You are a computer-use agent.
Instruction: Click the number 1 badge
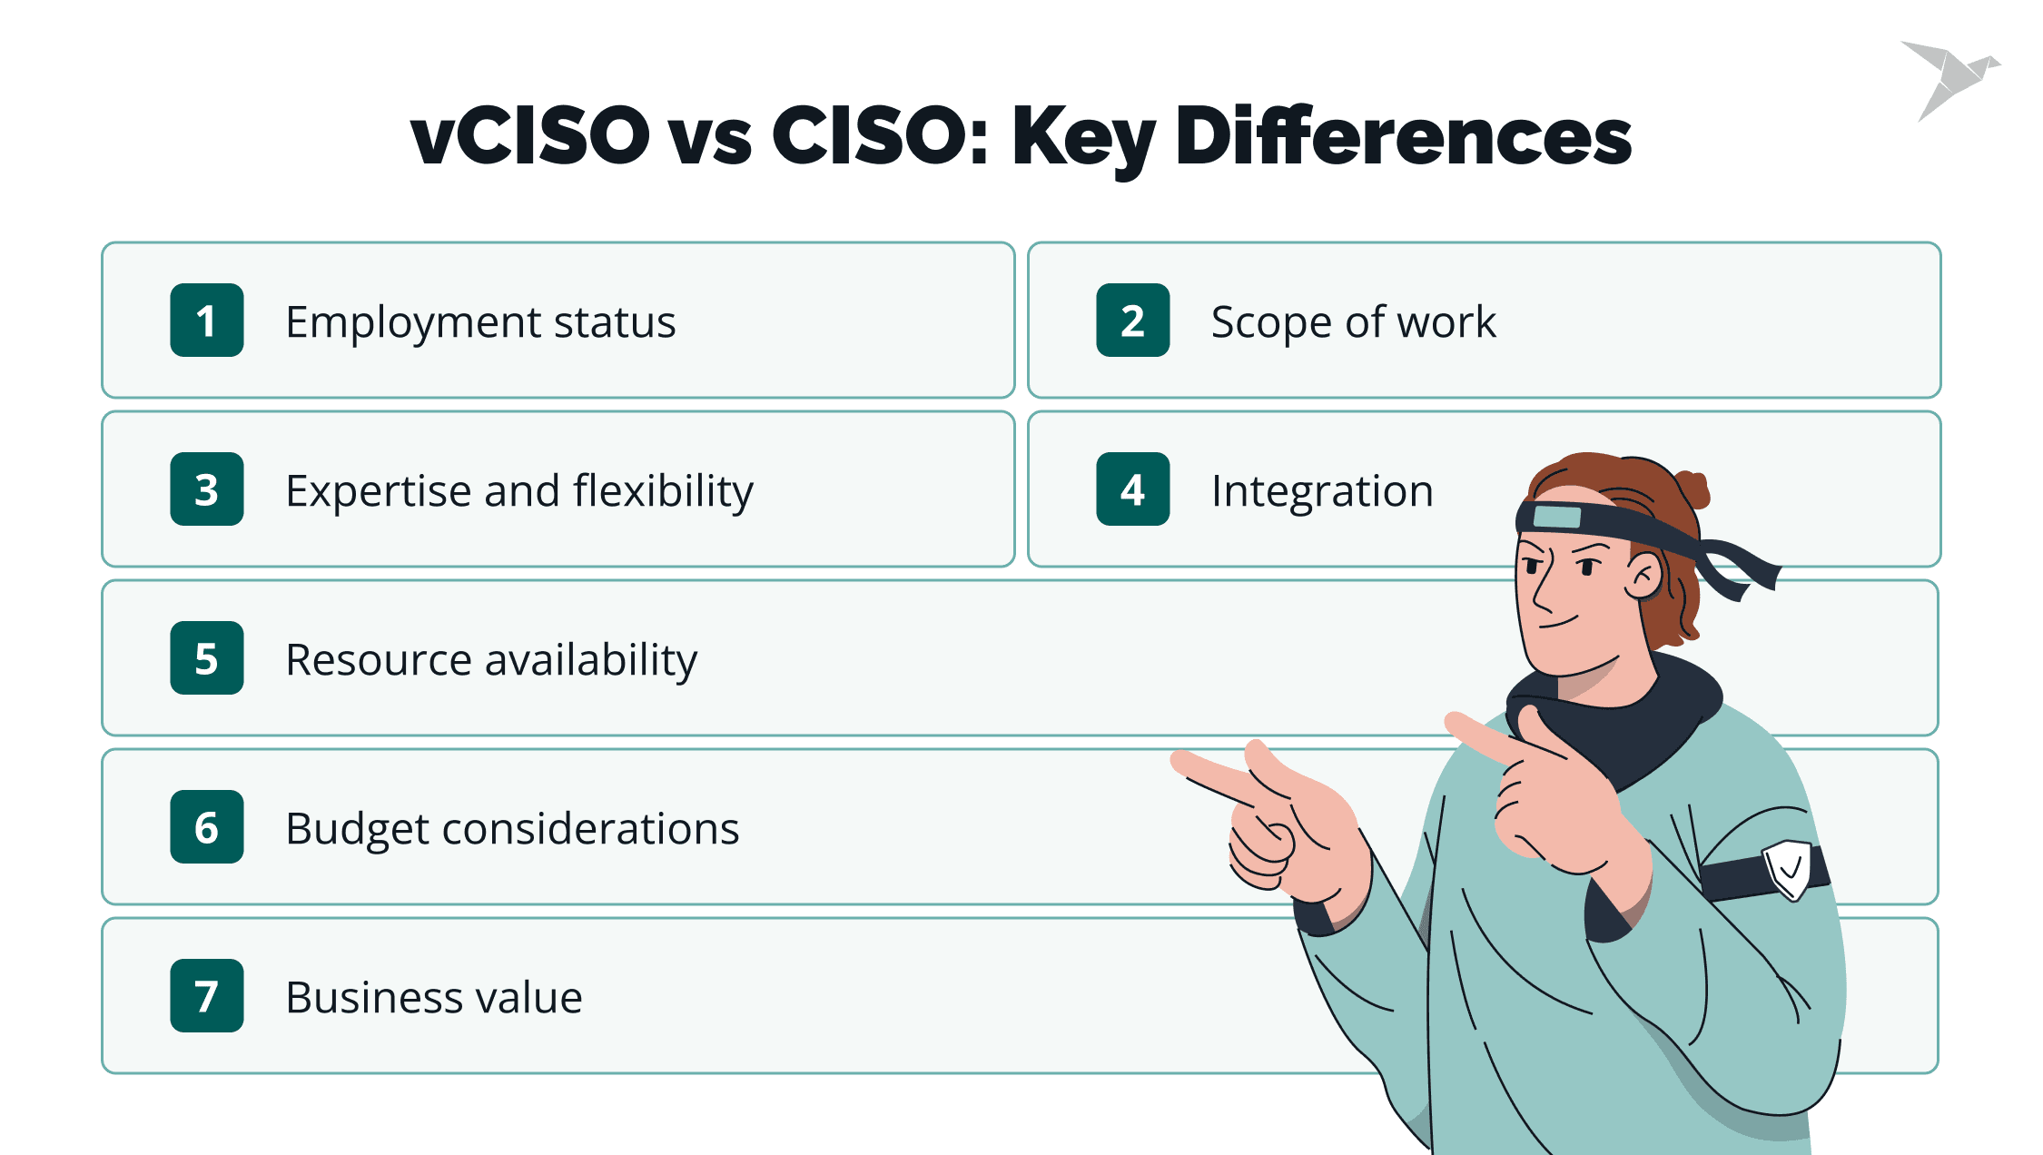[207, 321]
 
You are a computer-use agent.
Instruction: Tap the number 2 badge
[1133, 321]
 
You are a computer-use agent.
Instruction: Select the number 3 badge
[207, 489]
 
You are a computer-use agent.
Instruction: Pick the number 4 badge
[1133, 489]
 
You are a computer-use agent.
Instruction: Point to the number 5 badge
[207, 658]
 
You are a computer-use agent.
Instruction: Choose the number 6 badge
[207, 827]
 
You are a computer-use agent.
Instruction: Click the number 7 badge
[207, 996]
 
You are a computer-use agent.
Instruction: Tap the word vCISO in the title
[530, 135]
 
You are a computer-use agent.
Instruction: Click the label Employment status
[480, 323]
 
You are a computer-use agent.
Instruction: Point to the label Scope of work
[1353, 322]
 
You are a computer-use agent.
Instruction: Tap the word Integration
[1322, 492]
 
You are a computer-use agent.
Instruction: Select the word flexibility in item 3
[664, 492]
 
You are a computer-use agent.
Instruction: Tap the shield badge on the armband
[1787, 869]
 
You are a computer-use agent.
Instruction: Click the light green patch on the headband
[1556, 517]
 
